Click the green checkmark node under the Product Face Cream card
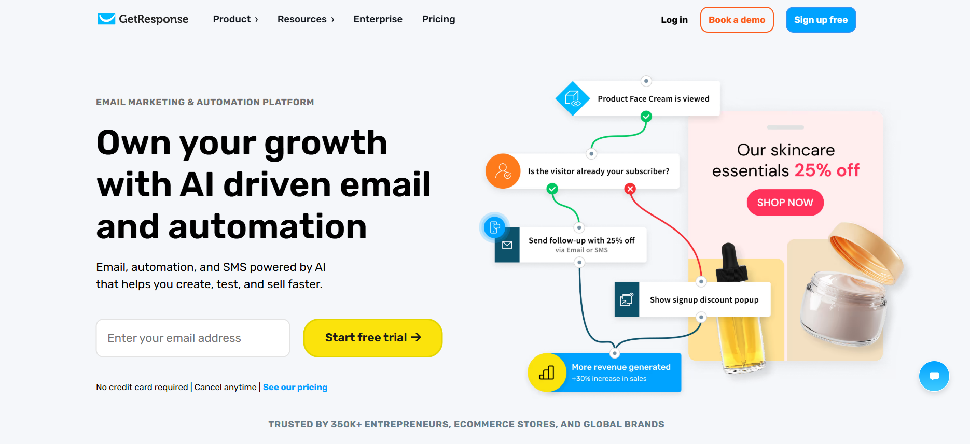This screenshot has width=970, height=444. click(x=646, y=117)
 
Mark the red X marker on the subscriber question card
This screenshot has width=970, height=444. click(x=630, y=189)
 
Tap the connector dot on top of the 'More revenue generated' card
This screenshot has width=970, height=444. click(x=615, y=353)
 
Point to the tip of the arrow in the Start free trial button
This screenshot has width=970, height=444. click(x=421, y=337)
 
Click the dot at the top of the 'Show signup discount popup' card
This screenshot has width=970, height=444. click(x=701, y=282)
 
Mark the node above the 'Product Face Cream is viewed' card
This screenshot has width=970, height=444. click(x=646, y=81)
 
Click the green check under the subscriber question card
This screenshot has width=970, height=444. click(x=552, y=189)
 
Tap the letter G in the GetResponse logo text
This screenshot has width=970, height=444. click(x=124, y=19)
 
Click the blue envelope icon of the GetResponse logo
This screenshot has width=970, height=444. click(x=106, y=19)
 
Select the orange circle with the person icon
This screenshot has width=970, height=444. click(x=503, y=171)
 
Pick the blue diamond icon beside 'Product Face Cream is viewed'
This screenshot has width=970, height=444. click(x=573, y=98)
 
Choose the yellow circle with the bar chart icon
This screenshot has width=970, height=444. click(x=546, y=373)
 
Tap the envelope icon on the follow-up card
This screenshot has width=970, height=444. click(x=507, y=245)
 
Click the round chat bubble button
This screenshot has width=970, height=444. click(x=934, y=376)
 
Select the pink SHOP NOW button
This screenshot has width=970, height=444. click(x=785, y=203)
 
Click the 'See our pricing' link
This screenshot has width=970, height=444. click(x=295, y=387)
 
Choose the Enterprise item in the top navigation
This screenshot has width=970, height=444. click(x=378, y=19)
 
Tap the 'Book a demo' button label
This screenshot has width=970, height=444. click(x=737, y=20)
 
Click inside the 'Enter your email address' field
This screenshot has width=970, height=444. click(x=193, y=338)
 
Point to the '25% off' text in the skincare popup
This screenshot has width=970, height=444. click(x=827, y=170)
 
